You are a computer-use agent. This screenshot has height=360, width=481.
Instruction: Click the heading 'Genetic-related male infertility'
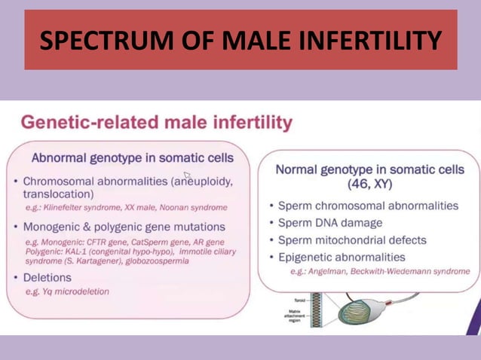pyautogui.click(x=156, y=122)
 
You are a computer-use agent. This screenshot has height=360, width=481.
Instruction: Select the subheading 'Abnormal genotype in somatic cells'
pyautogui.click(x=133, y=158)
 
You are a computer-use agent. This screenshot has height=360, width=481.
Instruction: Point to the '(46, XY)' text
pyautogui.click(x=369, y=185)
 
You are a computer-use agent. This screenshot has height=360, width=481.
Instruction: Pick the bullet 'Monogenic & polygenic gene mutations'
pyautogui.click(x=124, y=227)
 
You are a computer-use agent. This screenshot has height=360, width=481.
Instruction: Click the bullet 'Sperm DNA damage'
pyautogui.click(x=329, y=223)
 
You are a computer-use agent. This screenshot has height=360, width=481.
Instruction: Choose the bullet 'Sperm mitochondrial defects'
pyautogui.click(x=352, y=240)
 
